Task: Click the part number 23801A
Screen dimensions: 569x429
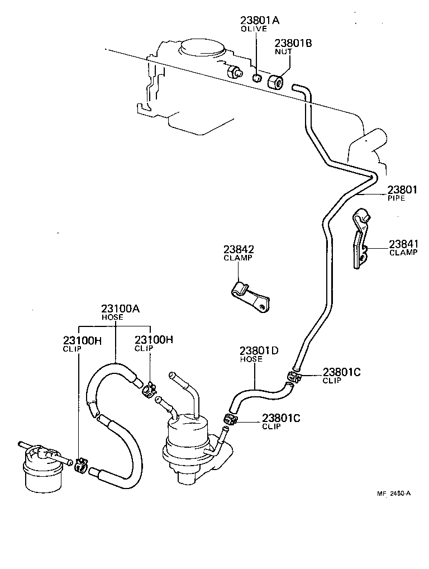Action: [260, 21]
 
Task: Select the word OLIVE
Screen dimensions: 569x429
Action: [254, 29]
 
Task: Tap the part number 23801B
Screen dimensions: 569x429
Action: [293, 42]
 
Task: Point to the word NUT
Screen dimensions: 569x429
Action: [283, 51]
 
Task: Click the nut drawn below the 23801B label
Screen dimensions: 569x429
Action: [275, 82]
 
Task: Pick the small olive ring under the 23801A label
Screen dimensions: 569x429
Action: [257, 78]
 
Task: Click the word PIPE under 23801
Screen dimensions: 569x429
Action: [396, 198]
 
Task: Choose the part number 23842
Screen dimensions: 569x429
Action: [239, 249]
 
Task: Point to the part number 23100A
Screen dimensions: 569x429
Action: [120, 308]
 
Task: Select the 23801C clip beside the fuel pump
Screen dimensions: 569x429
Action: [231, 419]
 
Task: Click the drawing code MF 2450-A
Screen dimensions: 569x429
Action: [394, 493]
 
